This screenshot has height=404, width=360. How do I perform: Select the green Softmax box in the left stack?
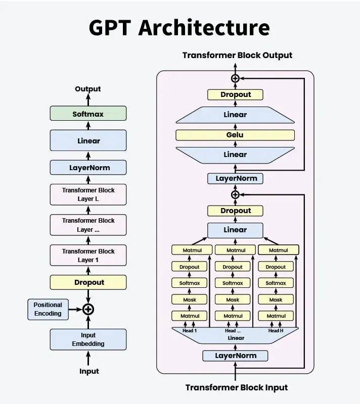coord(88,114)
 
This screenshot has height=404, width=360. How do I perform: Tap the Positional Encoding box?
coord(48,309)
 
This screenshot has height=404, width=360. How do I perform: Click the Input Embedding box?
coord(88,339)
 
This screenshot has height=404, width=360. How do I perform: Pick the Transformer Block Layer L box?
coord(88,194)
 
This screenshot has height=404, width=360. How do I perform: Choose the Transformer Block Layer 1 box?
coord(88,256)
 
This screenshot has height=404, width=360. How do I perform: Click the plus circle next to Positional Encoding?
coord(88,309)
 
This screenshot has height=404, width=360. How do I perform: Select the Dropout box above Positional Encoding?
coord(88,282)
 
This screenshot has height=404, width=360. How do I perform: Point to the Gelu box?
coord(235,135)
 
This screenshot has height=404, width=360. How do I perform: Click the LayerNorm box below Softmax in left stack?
coord(88,167)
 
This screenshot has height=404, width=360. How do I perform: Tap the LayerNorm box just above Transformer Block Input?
coord(235,356)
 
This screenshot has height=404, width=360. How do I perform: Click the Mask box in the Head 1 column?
coord(190,299)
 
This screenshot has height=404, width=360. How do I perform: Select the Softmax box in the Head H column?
coord(276,283)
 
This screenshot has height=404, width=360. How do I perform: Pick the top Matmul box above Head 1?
coord(190,250)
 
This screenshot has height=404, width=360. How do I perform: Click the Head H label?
coord(276,331)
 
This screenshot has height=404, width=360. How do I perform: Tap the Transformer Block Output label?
coord(237,55)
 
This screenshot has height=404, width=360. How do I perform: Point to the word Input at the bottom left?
coord(89,371)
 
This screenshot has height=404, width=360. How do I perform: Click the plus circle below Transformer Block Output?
coord(235,78)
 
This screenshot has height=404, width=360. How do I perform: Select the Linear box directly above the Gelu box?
coord(235,115)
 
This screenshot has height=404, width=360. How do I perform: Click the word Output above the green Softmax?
coord(88,89)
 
